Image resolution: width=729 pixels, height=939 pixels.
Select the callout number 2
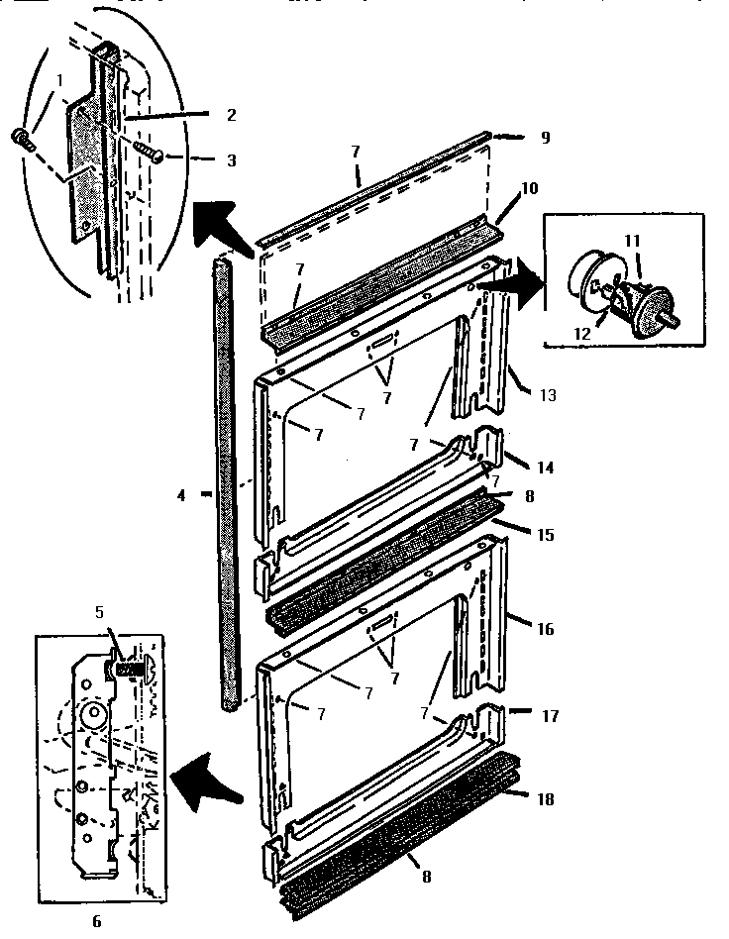[x=231, y=115]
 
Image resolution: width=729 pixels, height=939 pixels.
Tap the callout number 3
[x=231, y=158]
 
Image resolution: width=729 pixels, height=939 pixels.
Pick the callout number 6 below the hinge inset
[x=96, y=921]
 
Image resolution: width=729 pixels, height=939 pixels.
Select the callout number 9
[x=544, y=138]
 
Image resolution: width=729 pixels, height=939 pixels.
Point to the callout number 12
[x=581, y=334]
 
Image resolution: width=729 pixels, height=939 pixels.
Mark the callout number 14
[x=545, y=466]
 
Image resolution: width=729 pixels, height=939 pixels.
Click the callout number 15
[x=545, y=535]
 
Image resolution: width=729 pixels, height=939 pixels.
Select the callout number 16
[x=545, y=629]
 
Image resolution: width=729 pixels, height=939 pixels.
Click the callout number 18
[x=545, y=798]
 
